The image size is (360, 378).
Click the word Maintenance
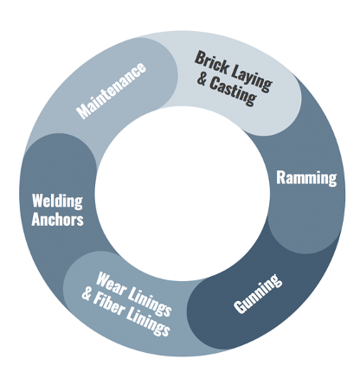111,91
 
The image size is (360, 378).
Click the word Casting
233,93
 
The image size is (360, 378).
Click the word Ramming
306,178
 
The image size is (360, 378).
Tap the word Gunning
258,293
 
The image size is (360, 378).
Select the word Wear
111,284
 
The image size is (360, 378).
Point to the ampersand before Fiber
87,294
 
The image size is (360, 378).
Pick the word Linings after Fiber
149,323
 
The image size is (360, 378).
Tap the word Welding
57,201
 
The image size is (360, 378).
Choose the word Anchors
57,220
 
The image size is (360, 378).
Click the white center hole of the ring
183,192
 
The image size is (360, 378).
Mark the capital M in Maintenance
83,112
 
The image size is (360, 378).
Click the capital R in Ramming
280,177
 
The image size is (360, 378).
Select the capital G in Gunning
240,307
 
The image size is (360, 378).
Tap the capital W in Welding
38,201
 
